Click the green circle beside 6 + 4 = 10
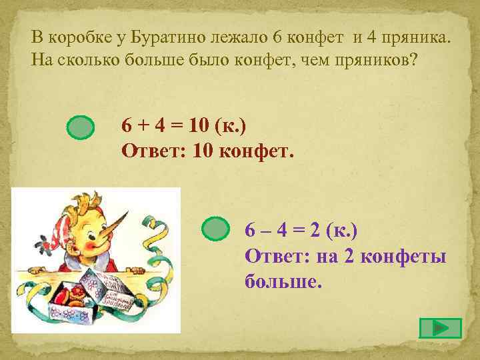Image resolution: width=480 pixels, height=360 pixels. pyautogui.click(x=82, y=128)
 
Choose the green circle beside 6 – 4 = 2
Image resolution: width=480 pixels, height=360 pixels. pyautogui.click(x=215, y=230)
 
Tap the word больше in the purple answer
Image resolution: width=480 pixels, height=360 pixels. pyautogui.click(x=283, y=281)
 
